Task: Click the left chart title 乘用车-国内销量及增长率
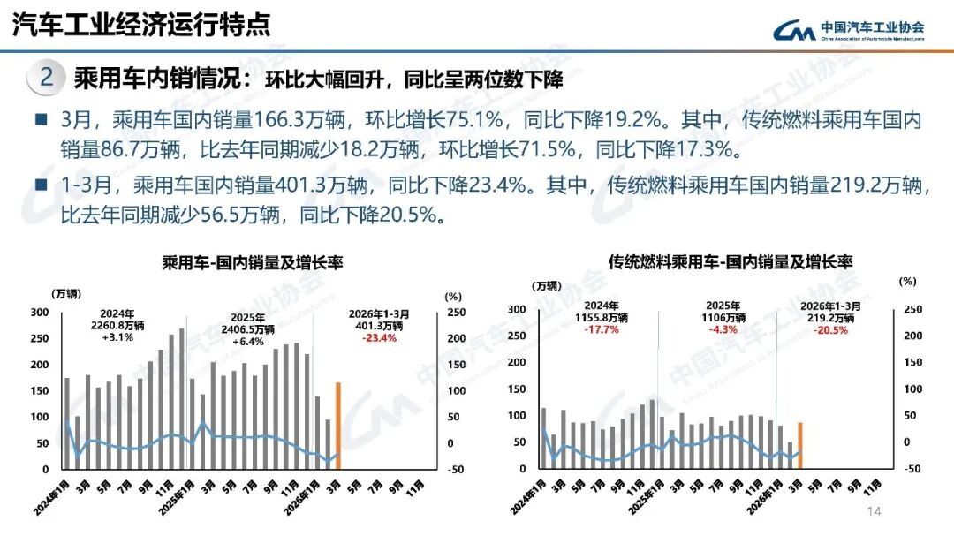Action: point(252,262)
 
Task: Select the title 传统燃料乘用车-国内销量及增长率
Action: point(730,262)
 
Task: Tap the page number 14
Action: point(875,513)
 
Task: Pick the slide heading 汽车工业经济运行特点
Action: point(140,25)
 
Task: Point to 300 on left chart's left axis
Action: point(41,313)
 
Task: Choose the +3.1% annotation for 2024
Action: point(117,337)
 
